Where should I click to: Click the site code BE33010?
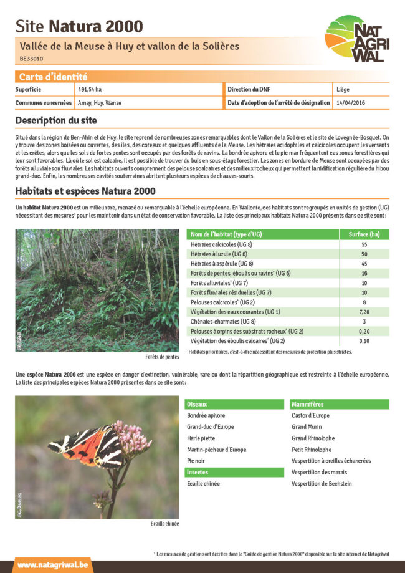[31, 59]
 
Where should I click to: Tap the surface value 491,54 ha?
[90, 90]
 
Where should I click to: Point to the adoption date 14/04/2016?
[350, 102]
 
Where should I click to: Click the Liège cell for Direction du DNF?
[343, 90]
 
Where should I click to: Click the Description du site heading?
[56, 120]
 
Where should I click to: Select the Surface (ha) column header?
[364, 234]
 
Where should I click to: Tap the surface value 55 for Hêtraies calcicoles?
[364, 244]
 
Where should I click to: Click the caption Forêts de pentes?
[159, 357]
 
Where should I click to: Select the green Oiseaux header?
[198, 404]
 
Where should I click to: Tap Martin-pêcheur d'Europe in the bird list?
[216, 450]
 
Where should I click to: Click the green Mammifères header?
[308, 404]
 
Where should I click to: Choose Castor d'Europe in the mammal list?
[310, 415]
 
